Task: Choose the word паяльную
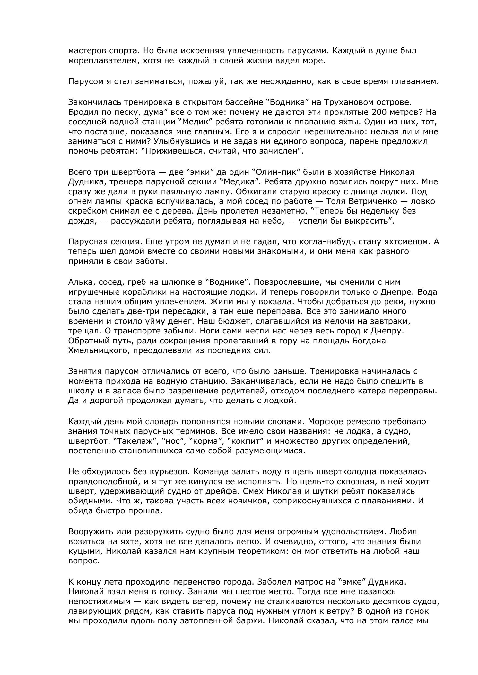tap(167, 192)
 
